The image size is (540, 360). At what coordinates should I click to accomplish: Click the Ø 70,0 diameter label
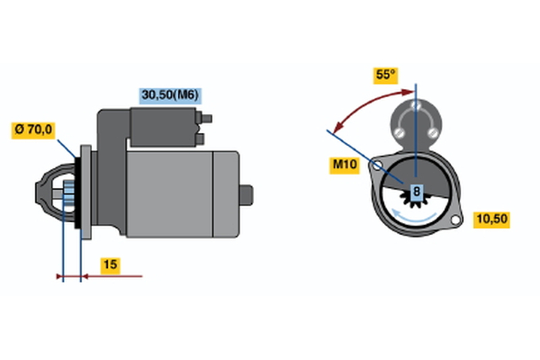click(33, 130)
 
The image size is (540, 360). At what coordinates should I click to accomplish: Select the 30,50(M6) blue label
click(170, 95)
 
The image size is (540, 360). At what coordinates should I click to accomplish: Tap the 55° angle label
click(385, 76)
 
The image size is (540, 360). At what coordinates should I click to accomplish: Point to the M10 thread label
click(344, 165)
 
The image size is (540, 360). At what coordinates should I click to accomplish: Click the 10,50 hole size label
click(492, 219)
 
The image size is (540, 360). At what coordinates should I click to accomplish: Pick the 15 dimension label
click(110, 265)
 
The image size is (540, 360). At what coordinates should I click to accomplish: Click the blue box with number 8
click(416, 191)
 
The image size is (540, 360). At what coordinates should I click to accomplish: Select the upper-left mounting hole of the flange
click(377, 165)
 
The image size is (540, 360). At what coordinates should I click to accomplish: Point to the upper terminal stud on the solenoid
click(206, 119)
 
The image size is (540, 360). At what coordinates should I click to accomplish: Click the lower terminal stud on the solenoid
click(200, 139)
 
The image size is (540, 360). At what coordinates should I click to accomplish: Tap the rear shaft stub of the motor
click(246, 195)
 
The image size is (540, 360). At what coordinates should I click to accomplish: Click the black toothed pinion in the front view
click(414, 200)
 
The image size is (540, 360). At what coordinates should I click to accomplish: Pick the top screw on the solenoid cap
click(416, 105)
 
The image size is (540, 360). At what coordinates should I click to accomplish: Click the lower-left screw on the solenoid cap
click(399, 132)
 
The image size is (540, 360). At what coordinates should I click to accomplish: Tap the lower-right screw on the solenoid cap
click(432, 132)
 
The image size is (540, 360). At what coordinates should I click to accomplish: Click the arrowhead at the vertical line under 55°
click(408, 92)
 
